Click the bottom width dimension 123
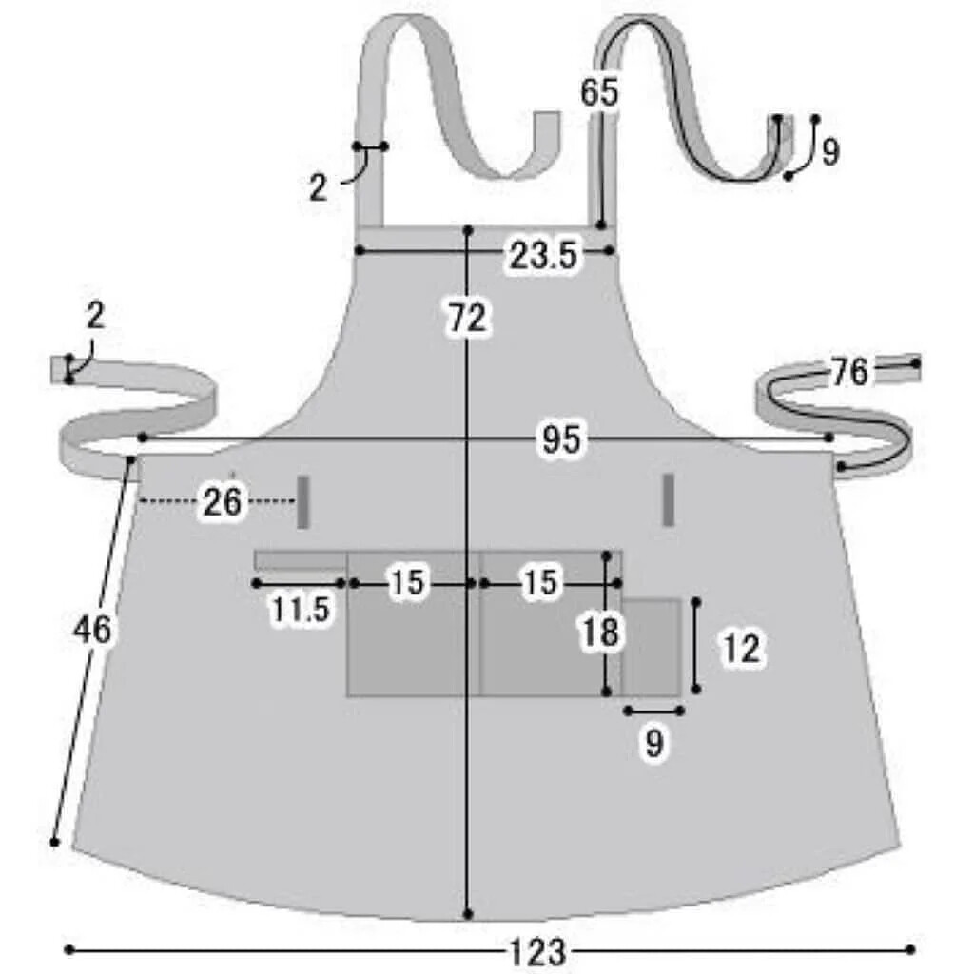(538, 951)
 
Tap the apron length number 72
(468, 318)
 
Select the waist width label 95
(561, 439)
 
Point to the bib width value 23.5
(543, 255)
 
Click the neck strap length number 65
(599, 92)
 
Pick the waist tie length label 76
(849, 372)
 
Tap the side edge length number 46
(92, 630)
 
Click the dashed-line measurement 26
(222, 502)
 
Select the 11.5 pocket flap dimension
(301, 610)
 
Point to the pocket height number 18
(600, 633)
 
